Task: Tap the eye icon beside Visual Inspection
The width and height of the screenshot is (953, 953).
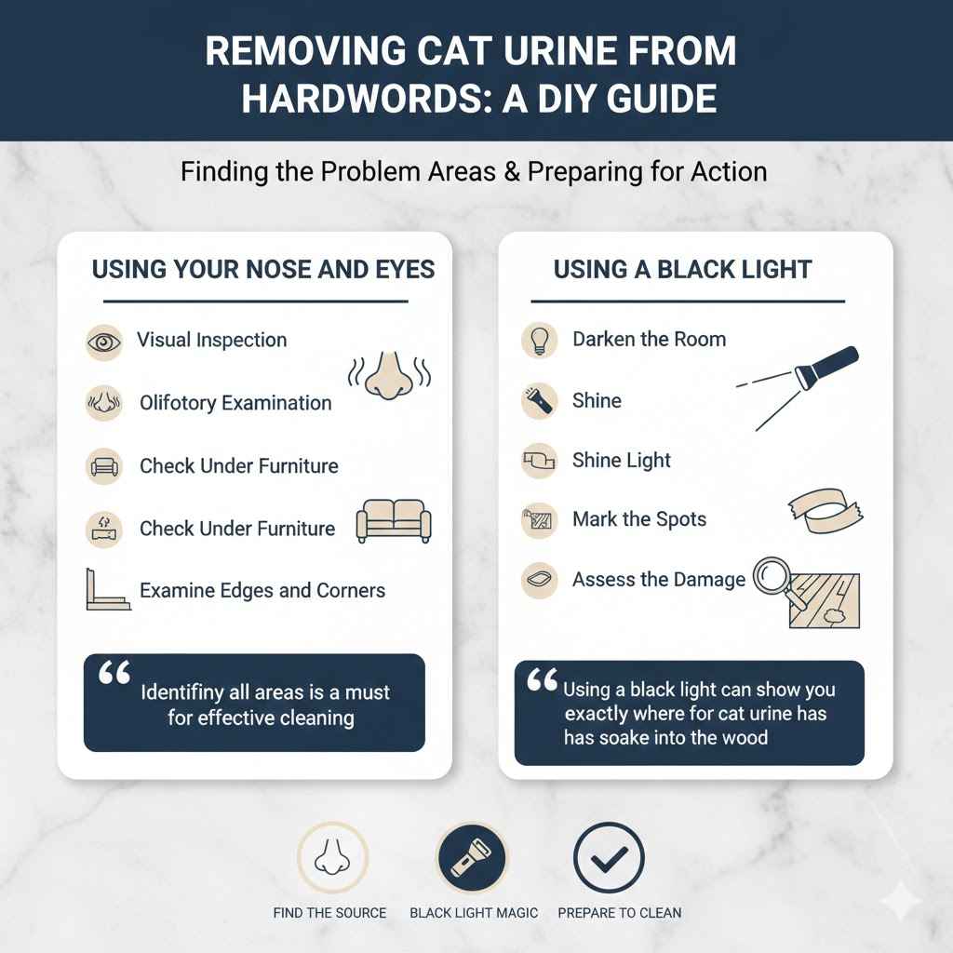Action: (102, 342)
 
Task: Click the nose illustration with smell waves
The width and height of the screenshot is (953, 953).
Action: (389, 371)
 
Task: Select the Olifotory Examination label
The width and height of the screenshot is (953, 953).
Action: (235, 403)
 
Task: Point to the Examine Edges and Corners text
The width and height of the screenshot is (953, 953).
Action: (262, 590)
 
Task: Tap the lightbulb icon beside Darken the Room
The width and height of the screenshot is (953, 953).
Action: (540, 340)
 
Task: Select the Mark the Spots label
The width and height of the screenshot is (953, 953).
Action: (639, 519)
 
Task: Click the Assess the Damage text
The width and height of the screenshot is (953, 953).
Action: (658, 580)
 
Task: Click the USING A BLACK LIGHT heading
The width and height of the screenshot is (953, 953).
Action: (682, 270)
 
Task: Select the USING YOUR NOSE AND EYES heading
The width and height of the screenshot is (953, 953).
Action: (262, 270)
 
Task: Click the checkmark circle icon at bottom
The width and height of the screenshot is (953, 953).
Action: (609, 857)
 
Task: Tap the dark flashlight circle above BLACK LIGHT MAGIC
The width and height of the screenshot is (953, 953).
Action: (472, 857)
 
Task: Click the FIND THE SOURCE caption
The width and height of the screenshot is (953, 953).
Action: (329, 912)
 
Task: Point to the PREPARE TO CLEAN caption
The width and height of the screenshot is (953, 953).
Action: (619, 912)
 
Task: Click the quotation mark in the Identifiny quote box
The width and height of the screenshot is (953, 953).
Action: (114, 674)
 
